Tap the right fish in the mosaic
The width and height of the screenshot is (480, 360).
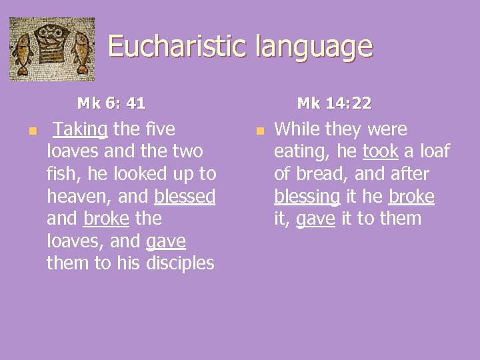click(81, 53)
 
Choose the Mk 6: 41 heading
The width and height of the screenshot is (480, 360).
click(111, 103)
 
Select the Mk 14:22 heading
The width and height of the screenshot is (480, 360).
click(334, 103)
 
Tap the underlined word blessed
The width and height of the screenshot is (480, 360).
click(185, 197)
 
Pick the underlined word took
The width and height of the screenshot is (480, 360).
click(380, 152)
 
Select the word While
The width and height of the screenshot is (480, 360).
click(298, 129)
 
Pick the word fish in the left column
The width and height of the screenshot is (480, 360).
click(61, 174)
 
